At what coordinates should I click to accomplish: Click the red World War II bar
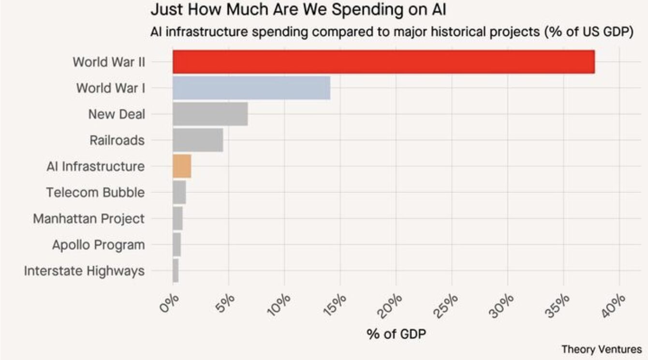click(383, 62)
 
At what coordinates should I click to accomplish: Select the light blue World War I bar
click(251, 88)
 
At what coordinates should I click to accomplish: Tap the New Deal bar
click(210, 114)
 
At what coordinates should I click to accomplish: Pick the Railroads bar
click(198, 140)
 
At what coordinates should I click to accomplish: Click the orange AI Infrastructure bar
click(182, 166)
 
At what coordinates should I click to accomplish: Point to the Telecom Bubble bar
click(179, 193)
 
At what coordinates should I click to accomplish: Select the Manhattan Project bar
click(177, 219)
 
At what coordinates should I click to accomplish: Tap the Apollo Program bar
click(177, 245)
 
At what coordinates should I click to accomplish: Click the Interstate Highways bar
click(176, 271)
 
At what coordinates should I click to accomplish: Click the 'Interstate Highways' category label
click(84, 271)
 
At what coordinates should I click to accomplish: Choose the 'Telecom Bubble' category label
click(95, 193)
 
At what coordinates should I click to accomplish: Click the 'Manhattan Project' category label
click(88, 219)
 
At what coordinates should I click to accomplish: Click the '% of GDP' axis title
click(396, 334)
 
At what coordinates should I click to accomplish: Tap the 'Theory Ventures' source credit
click(602, 349)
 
